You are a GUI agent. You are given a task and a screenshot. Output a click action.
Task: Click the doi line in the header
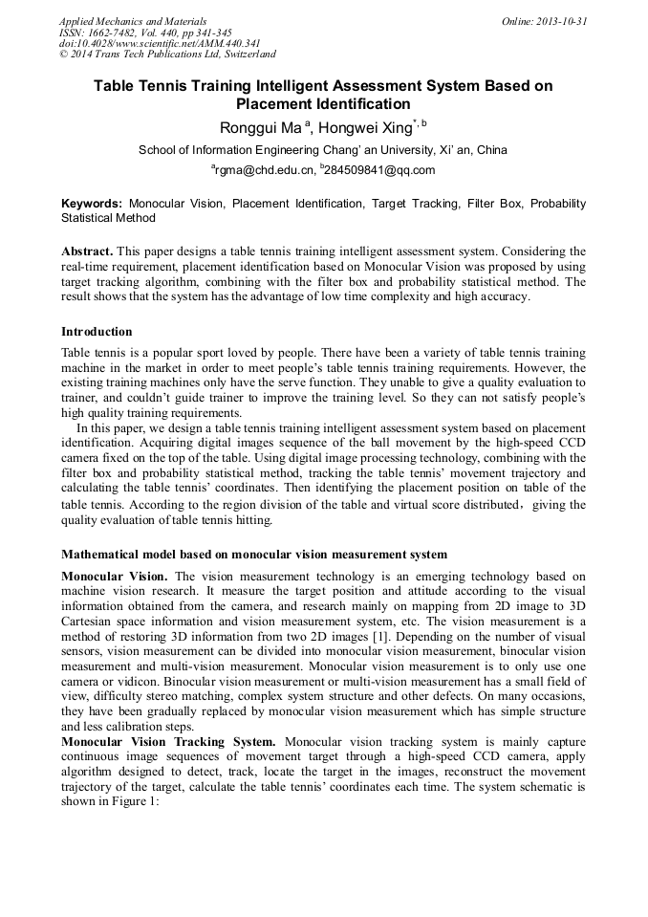point(160,44)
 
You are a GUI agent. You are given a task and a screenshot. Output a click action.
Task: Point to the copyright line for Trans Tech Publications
point(167,55)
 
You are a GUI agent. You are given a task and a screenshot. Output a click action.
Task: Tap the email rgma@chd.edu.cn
point(264,170)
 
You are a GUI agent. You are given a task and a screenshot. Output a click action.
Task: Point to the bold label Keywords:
point(92,204)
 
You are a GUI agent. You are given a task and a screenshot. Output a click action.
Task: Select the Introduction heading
point(97,332)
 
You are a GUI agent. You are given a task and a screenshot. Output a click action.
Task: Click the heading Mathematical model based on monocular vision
point(253,555)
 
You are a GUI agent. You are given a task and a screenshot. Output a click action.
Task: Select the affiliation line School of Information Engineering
point(322,150)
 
